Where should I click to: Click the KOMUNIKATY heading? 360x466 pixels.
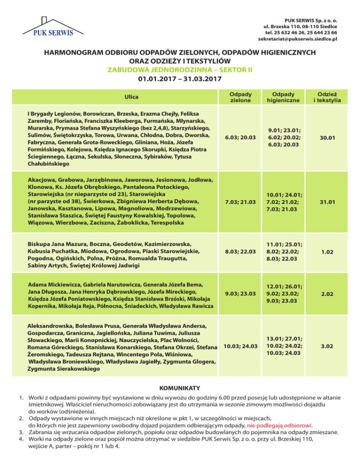[180, 388]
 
